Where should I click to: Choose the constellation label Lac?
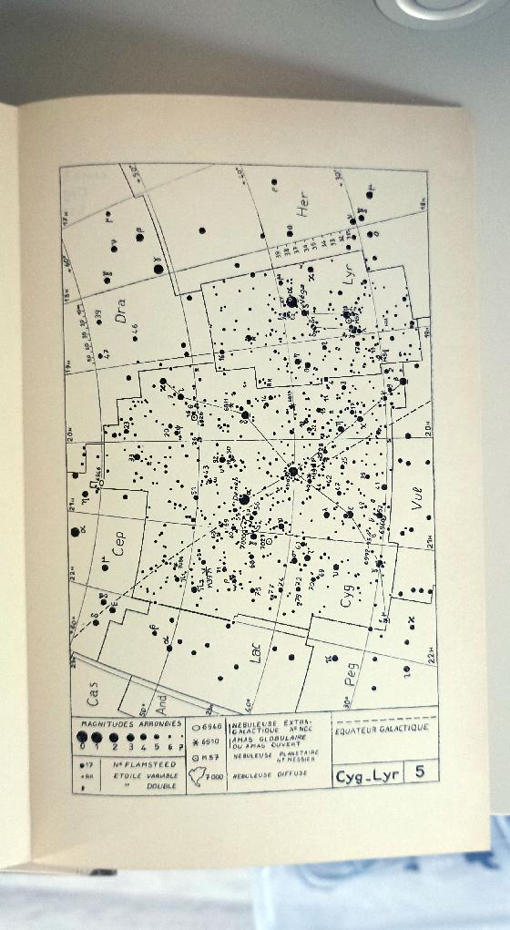(256, 651)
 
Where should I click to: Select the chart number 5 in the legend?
(419, 774)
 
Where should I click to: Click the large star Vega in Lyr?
(291, 301)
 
